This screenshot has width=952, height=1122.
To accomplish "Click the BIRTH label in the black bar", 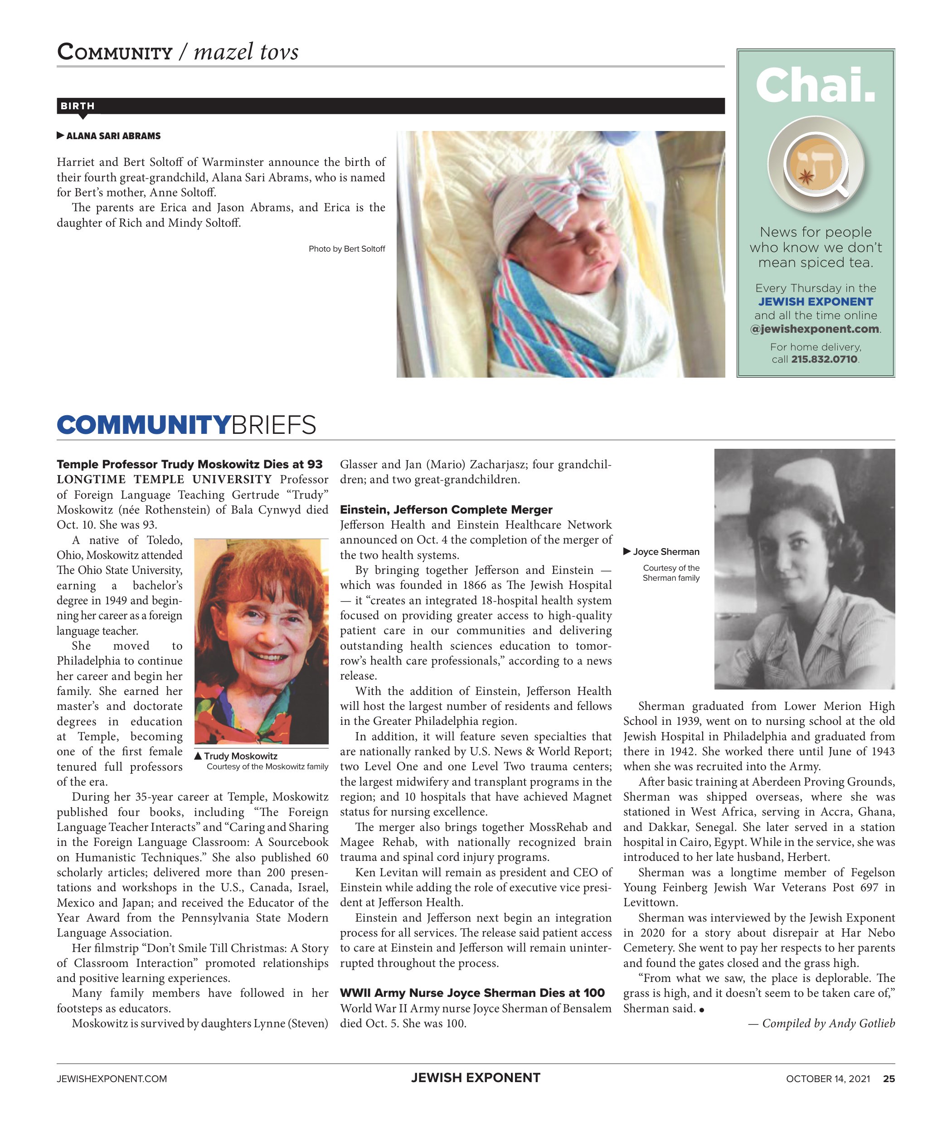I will [x=77, y=106].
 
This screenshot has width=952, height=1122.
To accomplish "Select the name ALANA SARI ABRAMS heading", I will [x=113, y=136].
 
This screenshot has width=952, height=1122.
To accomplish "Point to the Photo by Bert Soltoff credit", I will [x=346, y=249].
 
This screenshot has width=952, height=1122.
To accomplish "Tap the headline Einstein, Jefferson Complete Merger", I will [x=446, y=510].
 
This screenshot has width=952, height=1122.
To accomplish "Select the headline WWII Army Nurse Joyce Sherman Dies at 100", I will [x=472, y=993].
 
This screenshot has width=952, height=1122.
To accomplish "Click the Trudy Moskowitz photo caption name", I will [x=240, y=756].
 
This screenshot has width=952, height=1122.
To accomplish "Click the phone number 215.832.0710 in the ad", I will [x=824, y=359].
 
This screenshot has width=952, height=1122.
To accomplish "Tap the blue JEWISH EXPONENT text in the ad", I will [x=816, y=301].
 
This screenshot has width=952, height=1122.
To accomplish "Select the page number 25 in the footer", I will [x=889, y=1079].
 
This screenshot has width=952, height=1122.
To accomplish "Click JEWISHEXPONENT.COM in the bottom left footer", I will [x=112, y=1079].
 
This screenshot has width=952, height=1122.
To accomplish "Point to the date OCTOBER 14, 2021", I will [x=828, y=1079].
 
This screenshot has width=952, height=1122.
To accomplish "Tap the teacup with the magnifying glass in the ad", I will [x=815, y=165].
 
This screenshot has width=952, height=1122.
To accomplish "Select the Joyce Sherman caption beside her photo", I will [x=665, y=552].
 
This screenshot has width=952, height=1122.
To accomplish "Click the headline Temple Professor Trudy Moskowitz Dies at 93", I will [x=189, y=464].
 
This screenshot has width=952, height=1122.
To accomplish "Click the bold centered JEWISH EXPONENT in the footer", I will [x=476, y=1078].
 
